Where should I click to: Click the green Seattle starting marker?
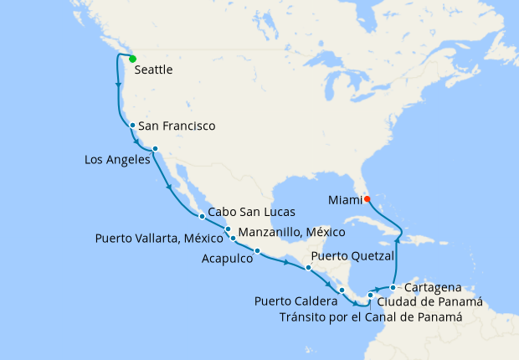[132, 59]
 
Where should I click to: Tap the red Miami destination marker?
[367, 198]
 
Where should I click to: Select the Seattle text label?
[153, 70]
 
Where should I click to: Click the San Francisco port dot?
[132, 126]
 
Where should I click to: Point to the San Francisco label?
[177, 126]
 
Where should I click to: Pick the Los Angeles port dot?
[155, 149]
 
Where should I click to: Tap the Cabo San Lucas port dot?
[202, 216]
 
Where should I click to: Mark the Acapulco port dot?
[257, 251]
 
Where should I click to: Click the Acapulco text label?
[228, 260]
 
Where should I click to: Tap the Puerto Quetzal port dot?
[309, 268]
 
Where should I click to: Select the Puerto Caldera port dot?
[342, 290]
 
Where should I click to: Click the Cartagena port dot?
[393, 287]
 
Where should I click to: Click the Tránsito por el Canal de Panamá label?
[371, 317]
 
